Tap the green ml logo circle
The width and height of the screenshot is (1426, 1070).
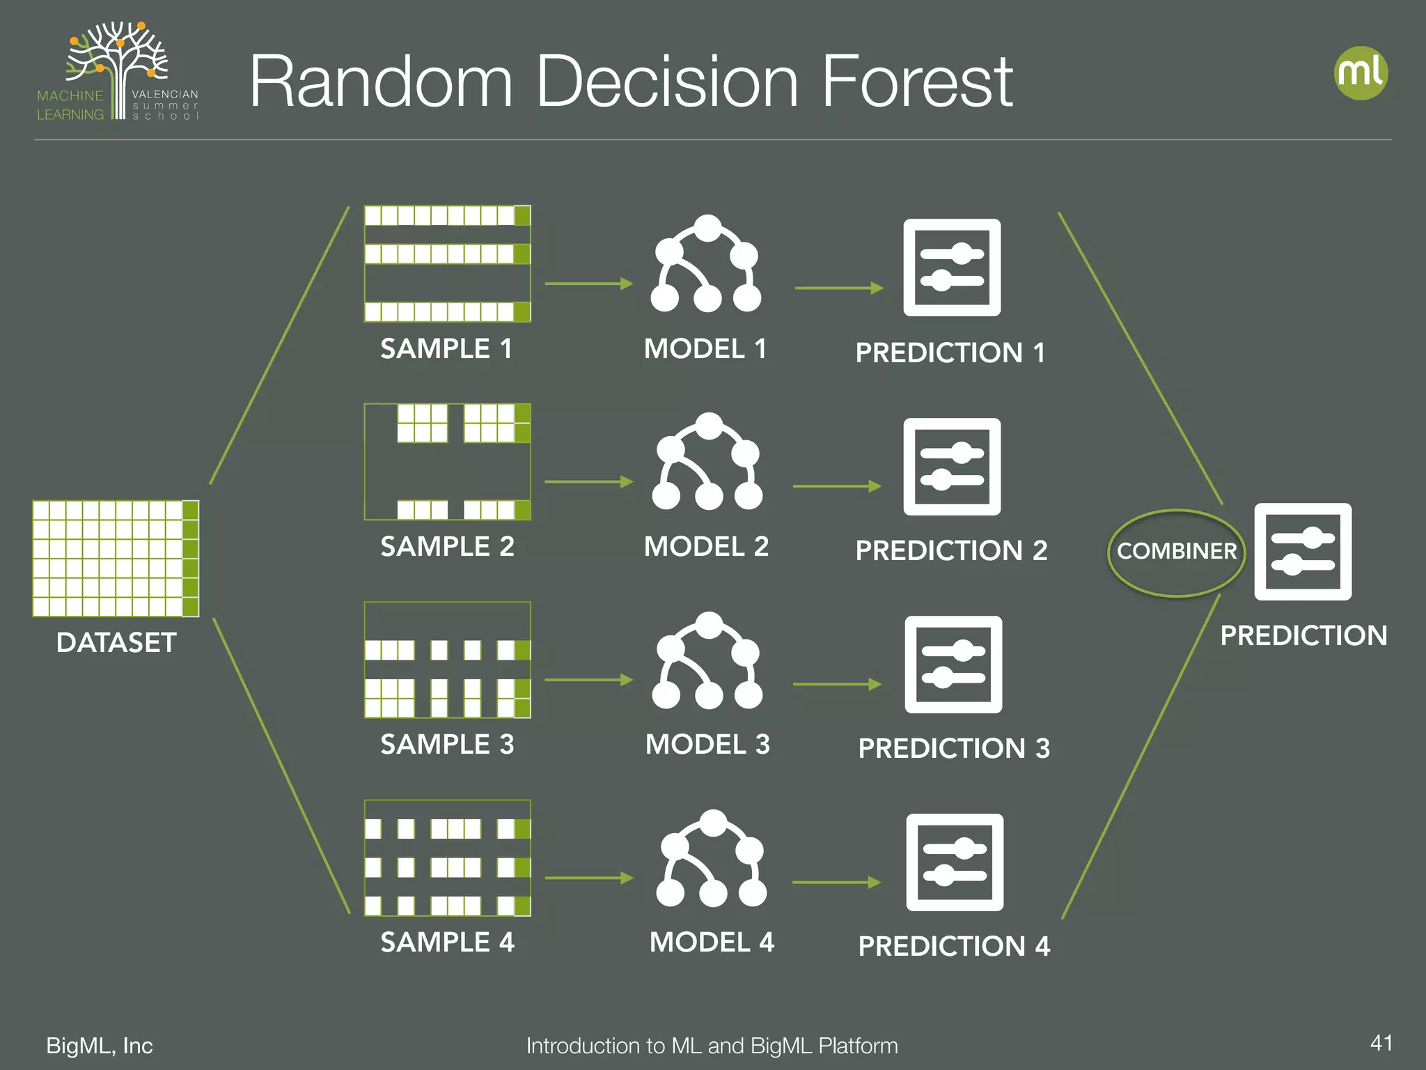pos(1361,73)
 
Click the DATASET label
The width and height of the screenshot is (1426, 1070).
pos(116,642)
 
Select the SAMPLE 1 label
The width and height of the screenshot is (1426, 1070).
pos(446,348)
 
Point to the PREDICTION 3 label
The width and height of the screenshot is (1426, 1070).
pos(954,748)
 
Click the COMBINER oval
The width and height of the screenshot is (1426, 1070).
pos(1176,552)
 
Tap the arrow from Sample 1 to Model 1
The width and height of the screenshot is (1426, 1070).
pos(588,284)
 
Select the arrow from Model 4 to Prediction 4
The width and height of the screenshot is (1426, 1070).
pos(836,883)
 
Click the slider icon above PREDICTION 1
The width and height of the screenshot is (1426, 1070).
pos(952,267)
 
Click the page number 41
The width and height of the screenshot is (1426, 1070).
pos(1381,1043)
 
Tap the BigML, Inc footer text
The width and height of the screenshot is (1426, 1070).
pos(100,1046)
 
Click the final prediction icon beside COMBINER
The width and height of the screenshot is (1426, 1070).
pos(1303,552)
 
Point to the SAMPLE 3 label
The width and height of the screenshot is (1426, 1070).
pos(447,744)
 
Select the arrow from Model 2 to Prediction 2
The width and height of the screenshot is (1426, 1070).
pos(837,486)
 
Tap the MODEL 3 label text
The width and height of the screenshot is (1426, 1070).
pos(707,744)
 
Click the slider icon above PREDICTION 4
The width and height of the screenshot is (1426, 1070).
pos(955,862)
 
